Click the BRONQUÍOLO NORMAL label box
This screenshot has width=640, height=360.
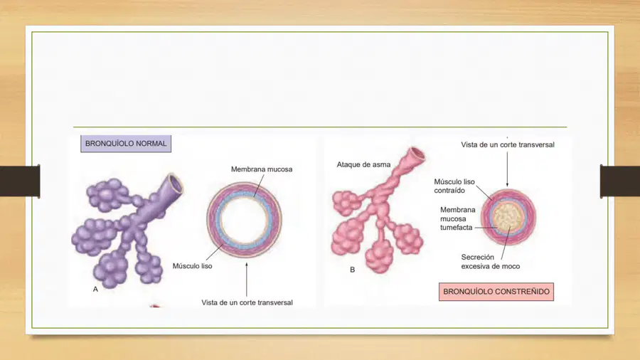126,144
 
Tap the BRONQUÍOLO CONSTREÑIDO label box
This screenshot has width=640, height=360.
496,292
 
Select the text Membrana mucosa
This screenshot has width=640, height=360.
262,169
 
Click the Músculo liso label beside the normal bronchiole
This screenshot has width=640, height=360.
192,266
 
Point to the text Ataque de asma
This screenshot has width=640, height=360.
363,164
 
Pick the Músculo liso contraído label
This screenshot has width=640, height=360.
454,186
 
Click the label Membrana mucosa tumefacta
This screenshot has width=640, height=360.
457,219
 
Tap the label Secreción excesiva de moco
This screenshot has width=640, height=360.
491,262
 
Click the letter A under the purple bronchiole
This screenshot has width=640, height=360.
95,289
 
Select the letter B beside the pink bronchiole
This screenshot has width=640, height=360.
352,270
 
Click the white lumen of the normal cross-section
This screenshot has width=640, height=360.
244,219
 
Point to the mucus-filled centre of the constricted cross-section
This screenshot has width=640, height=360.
508,217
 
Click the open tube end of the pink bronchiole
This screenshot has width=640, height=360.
417,154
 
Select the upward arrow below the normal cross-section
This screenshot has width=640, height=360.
247,280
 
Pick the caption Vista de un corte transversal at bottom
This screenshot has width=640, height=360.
247,302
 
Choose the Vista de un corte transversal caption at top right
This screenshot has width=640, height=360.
508,144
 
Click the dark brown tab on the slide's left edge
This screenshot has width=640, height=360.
20,181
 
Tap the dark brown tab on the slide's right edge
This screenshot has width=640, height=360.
620,181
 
